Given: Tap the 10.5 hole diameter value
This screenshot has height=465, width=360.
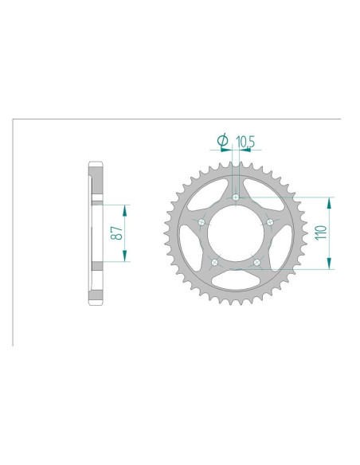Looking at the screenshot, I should [245, 143].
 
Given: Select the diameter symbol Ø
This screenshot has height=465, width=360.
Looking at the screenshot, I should [223, 142].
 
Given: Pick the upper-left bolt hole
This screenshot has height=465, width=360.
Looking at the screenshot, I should [202, 222].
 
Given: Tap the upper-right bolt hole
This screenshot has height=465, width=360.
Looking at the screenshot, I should [270, 222].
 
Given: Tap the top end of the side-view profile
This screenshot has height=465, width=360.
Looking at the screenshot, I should [95, 166].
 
